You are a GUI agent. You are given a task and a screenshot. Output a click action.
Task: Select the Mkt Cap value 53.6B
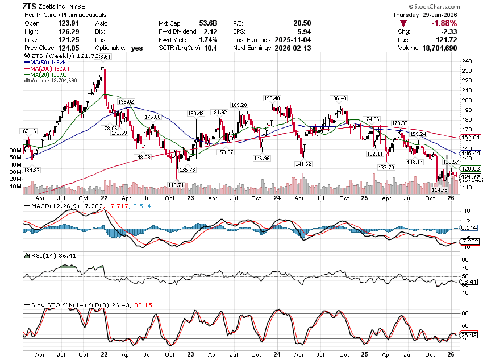click(206, 23)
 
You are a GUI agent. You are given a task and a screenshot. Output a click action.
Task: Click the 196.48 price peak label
click(272, 98)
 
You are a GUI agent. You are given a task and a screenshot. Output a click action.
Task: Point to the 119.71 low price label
click(176, 185)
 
